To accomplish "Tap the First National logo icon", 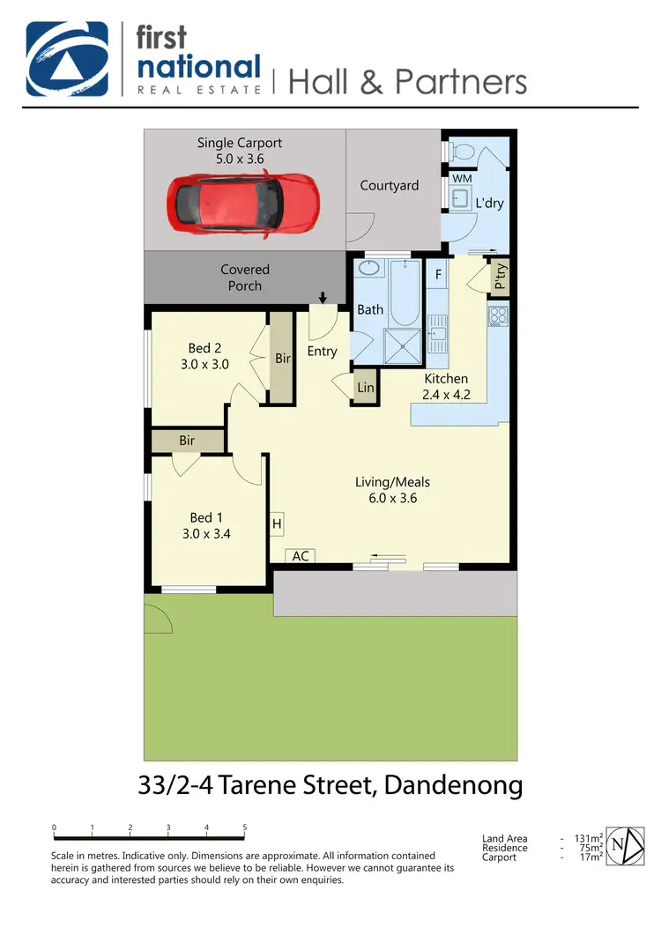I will pyautogui.click(x=67, y=59).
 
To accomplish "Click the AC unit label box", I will pyautogui.click(x=300, y=556).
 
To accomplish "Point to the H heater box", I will pyautogui.click(x=277, y=524).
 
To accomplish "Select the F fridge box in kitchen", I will pyautogui.click(x=437, y=274).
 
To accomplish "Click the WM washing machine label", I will pyautogui.click(x=462, y=179).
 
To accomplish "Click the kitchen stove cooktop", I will pyautogui.click(x=498, y=315).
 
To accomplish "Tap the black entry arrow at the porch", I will pyautogui.click(x=323, y=298).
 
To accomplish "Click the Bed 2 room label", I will pyautogui.click(x=204, y=348).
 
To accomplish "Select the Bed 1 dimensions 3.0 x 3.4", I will pyautogui.click(x=206, y=533).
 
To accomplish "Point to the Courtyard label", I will pyautogui.click(x=389, y=186).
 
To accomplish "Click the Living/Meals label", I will pyautogui.click(x=392, y=482).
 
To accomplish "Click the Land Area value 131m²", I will pyautogui.click(x=588, y=839).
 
